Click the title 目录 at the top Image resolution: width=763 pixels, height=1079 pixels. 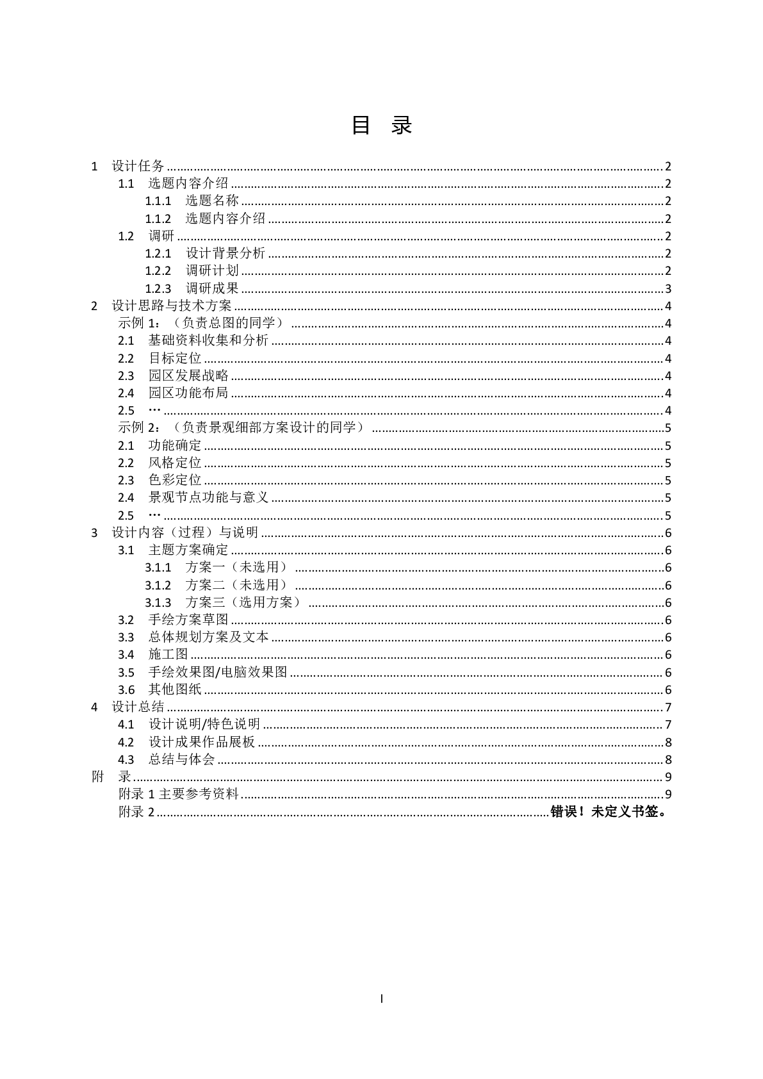(381, 125)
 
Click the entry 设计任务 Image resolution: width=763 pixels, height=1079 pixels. (138, 167)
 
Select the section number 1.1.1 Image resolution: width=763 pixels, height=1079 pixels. (158, 201)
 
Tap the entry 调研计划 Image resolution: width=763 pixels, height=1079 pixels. (212, 271)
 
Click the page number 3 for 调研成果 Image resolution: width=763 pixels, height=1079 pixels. (668, 289)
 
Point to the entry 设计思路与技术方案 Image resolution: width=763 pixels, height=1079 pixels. (172, 306)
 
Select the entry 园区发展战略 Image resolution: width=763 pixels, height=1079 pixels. (188, 376)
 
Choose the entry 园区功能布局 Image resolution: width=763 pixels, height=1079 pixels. (188, 393)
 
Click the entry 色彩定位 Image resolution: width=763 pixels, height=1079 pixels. (175, 481)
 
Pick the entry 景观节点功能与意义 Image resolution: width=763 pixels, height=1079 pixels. (208, 498)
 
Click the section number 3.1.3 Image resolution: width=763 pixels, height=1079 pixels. (158, 603)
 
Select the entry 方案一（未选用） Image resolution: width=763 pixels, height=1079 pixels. (238, 568)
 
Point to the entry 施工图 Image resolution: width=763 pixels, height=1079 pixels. (168, 655)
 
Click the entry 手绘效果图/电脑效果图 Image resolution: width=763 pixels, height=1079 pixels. (218, 673)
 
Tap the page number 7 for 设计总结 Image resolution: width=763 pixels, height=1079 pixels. (668, 707)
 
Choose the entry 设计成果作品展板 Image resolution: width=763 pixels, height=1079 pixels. (202, 743)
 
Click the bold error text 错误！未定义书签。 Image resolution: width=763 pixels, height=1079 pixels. (609, 812)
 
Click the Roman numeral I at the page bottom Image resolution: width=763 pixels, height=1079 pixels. (382, 998)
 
